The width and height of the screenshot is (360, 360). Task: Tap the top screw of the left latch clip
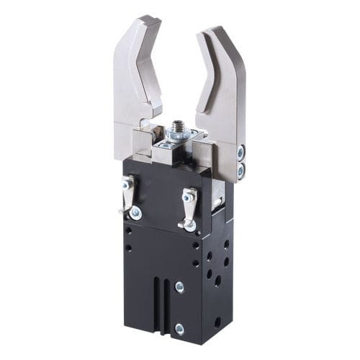(127, 185)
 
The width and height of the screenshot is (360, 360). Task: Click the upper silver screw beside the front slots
(179, 287)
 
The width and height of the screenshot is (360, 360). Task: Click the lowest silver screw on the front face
(179, 330)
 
